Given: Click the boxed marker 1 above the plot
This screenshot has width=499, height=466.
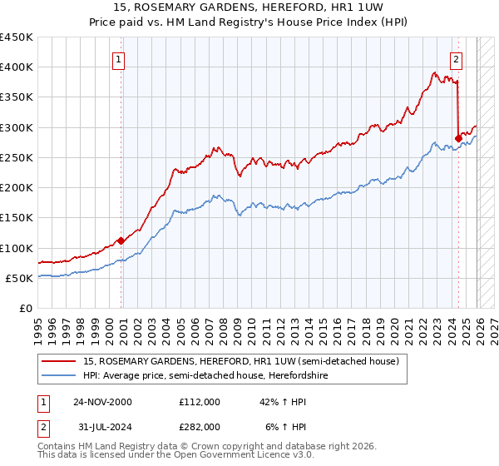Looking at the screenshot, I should pyautogui.click(x=120, y=59).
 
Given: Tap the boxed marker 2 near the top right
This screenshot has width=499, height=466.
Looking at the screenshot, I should pyautogui.click(x=457, y=59).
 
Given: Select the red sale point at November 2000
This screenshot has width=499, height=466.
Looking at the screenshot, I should pyautogui.click(x=121, y=240).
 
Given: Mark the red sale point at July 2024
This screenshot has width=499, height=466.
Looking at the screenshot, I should pyautogui.click(x=458, y=138).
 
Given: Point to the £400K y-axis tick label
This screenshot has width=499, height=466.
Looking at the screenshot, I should pyautogui.click(x=17, y=67).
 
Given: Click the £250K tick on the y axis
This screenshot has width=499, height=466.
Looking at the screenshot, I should pyautogui.click(x=17, y=157).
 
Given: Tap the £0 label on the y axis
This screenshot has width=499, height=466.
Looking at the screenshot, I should pyautogui.click(x=26, y=308).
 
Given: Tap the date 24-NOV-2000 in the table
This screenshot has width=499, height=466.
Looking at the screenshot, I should pyautogui.click(x=102, y=401).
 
